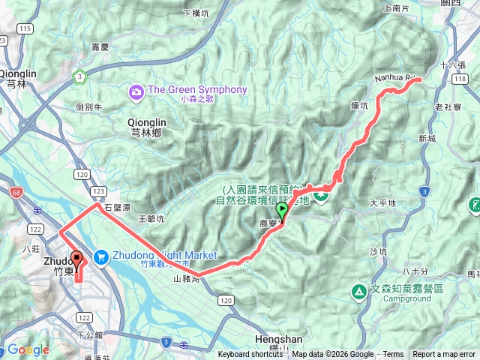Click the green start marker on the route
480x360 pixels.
282,211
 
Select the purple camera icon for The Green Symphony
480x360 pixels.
136,91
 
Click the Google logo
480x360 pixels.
28,350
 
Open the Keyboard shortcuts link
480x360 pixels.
250,355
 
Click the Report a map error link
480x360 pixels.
444,355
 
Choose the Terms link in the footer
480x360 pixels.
393,355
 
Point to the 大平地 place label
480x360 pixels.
382,203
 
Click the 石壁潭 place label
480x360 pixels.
118,206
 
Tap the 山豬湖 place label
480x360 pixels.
186,279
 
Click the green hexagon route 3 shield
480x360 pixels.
79,76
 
